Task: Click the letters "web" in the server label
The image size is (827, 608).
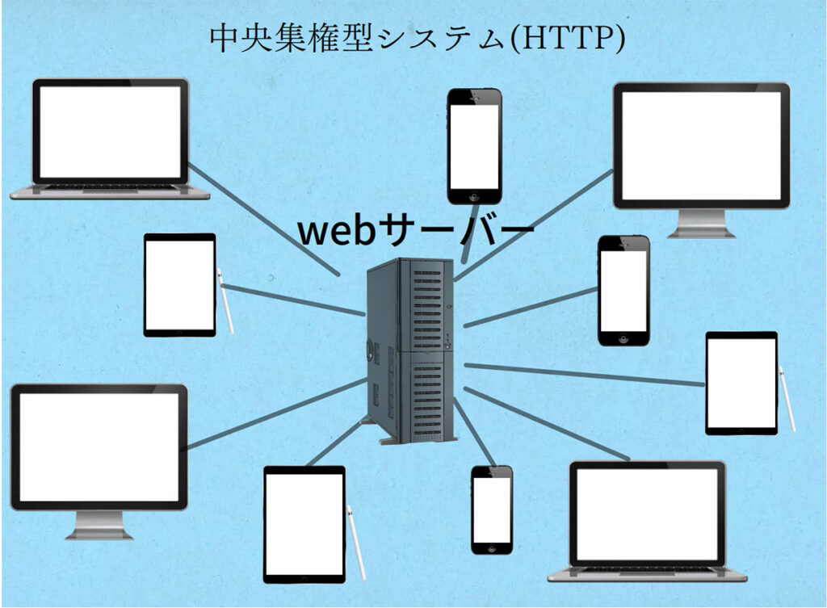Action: (x=338, y=231)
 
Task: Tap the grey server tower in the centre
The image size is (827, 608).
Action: (x=410, y=351)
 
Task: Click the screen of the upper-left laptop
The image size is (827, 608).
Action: (x=111, y=131)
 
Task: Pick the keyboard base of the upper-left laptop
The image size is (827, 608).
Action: (x=110, y=191)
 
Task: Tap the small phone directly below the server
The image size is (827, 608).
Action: (x=492, y=509)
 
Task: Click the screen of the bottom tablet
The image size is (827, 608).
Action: (x=304, y=522)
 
